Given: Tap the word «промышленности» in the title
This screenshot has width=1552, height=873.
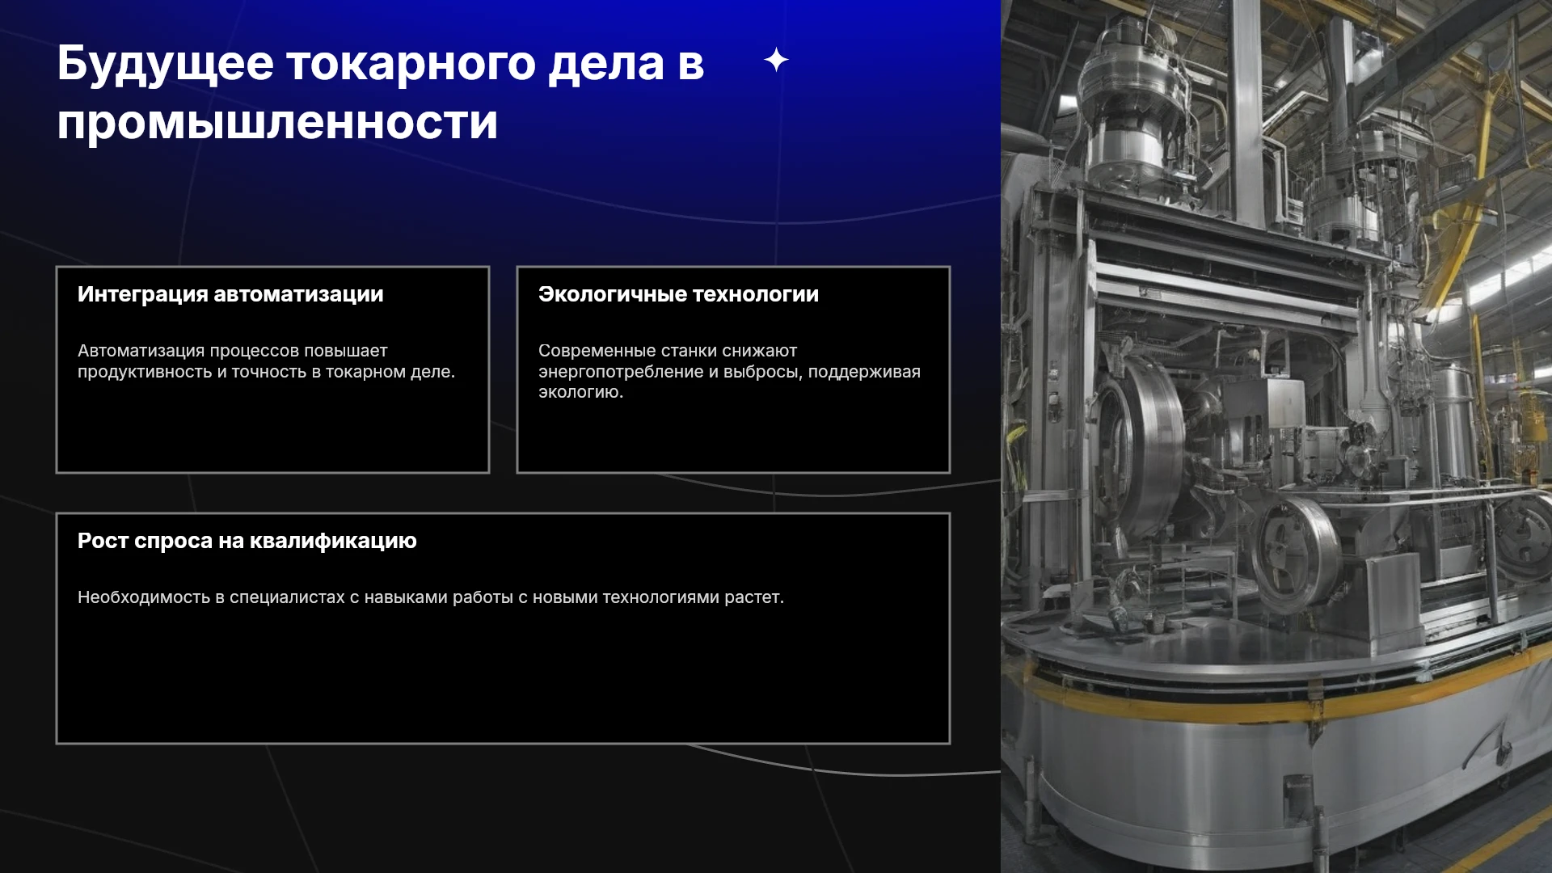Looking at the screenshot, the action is pos(277,123).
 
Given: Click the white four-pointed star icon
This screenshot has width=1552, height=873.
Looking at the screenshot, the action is pos(776,60).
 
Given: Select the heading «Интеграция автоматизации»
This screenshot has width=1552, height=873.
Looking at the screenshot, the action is pos(230,294).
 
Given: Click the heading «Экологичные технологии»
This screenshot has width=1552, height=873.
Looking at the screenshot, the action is pos(678,294).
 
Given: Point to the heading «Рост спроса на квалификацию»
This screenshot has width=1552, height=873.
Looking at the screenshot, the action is pos(247,541).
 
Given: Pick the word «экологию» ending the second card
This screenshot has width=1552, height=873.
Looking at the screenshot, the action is pos(580,392).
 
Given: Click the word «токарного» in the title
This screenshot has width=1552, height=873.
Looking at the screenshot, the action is pos(411,65).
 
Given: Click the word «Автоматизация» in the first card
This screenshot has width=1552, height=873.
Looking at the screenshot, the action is pos(141,351).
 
